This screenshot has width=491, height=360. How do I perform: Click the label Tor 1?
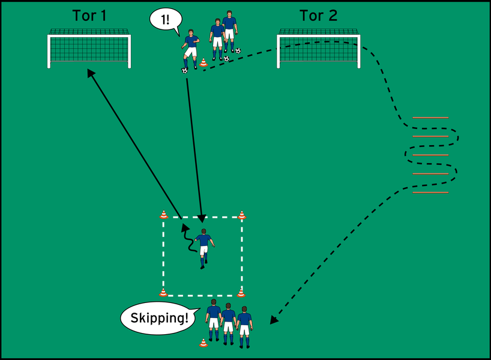(x=89, y=16)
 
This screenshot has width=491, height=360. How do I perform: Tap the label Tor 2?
(x=319, y=16)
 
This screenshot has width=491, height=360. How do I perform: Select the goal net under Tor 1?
(x=89, y=49)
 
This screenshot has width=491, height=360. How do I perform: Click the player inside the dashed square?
(x=203, y=247)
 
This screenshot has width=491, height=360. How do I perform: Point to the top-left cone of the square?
(x=163, y=215)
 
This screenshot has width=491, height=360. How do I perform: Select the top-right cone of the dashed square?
(x=242, y=215)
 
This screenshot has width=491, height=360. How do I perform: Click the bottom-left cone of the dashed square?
(x=163, y=292)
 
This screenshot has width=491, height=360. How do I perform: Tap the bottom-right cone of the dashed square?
(x=241, y=292)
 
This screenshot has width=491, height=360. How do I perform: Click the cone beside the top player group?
(x=203, y=62)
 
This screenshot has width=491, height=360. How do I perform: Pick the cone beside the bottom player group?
(x=203, y=343)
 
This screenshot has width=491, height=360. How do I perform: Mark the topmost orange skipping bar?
(x=430, y=118)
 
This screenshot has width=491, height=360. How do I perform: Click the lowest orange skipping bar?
(x=430, y=193)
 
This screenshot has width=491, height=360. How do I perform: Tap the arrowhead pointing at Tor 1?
(x=90, y=73)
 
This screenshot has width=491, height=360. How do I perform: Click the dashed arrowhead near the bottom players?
(x=274, y=320)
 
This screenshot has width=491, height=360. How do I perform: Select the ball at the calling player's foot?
(x=184, y=70)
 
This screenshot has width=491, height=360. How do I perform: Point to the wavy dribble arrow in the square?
(x=188, y=239)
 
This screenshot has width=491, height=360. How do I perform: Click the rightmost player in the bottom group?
(x=244, y=327)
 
